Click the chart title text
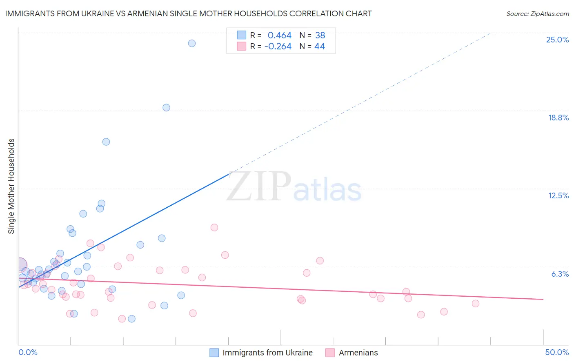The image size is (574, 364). [188, 13]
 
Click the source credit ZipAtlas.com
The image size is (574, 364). [537, 13]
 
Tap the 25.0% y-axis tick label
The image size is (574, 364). [557, 40]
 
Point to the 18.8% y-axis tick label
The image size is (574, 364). [558, 118]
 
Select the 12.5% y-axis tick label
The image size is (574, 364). [558, 195]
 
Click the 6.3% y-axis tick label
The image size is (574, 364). [560, 274]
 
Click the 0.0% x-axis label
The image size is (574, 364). [28, 352]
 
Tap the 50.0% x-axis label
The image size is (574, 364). [557, 352]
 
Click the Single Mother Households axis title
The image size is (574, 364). [11, 186]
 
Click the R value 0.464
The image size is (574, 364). [279, 36]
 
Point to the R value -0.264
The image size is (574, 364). [278, 47]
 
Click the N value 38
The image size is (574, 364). [320, 36]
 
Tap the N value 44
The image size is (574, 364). [320, 47]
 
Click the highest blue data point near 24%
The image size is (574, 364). [192, 43]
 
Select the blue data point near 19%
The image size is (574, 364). [166, 108]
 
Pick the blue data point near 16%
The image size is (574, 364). [106, 142]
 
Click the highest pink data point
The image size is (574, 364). [214, 227]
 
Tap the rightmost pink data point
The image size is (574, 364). [475, 304]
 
